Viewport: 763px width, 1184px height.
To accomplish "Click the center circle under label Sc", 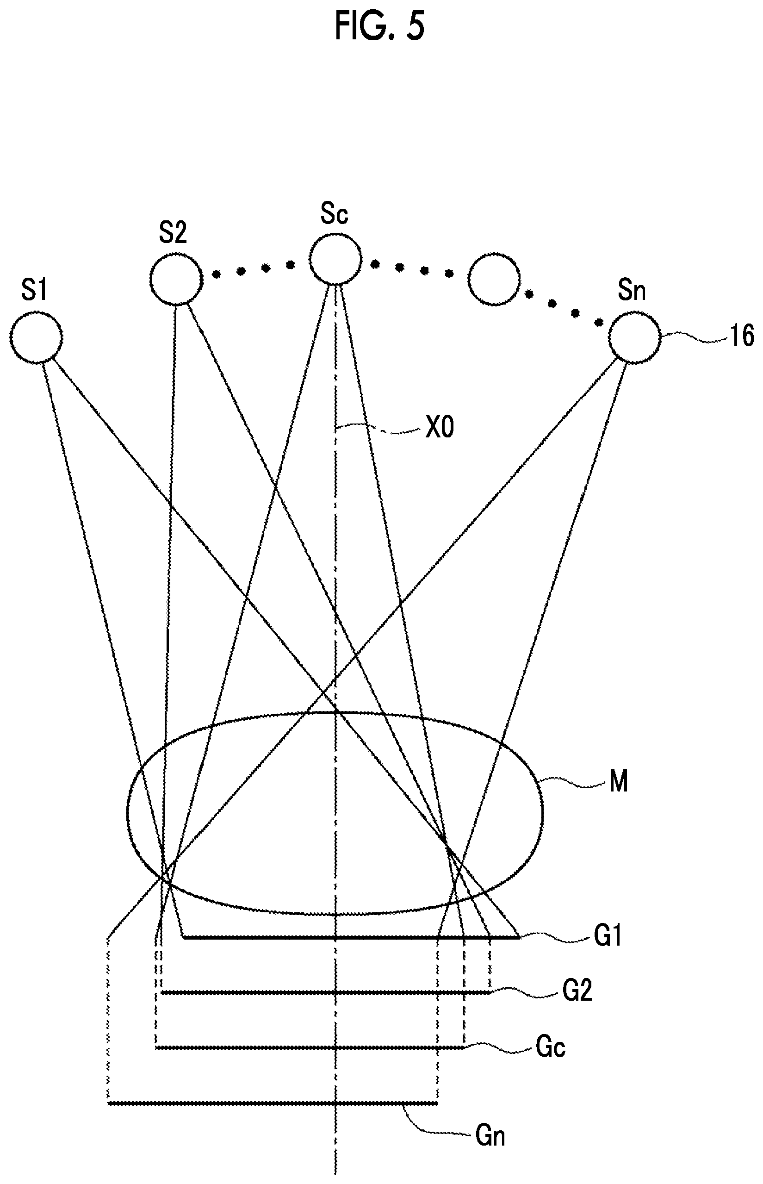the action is click(335, 259).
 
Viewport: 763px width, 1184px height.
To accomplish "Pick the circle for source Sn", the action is click(635, 337).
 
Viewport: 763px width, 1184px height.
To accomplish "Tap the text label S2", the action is click(173, 232).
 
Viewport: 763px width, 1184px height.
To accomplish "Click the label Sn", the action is click(632, 290).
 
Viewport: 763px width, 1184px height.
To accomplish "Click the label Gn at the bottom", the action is click(490, 1135).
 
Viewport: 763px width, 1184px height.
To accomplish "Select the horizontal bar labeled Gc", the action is click(310, 1047).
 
